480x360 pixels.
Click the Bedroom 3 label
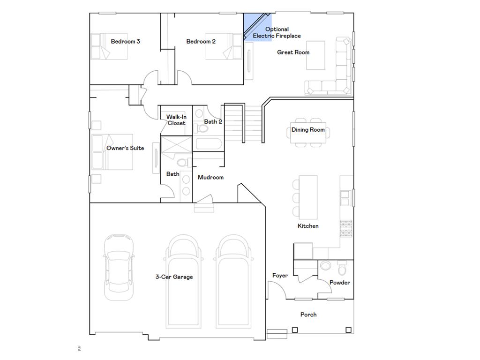click(125, 41)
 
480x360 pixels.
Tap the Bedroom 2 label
click(201, 41)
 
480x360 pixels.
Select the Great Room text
click(293, 52)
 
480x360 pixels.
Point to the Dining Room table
click(308, 132)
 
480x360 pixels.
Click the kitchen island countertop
click(307, 197)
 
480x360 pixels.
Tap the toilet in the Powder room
click(342, 269)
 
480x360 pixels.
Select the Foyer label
click(280, 276)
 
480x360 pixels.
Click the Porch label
click(308, 315)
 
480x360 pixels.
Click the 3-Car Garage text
click(174, 277)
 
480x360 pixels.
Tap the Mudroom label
click(210, 177)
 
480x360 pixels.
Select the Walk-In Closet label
click(176, 120)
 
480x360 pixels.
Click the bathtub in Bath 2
click(208, 144)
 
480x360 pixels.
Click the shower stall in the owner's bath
click(176, 143)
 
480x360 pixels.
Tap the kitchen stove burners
click(346, 229)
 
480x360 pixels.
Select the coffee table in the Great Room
click(315, 55)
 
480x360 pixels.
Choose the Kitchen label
click(308, 226)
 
